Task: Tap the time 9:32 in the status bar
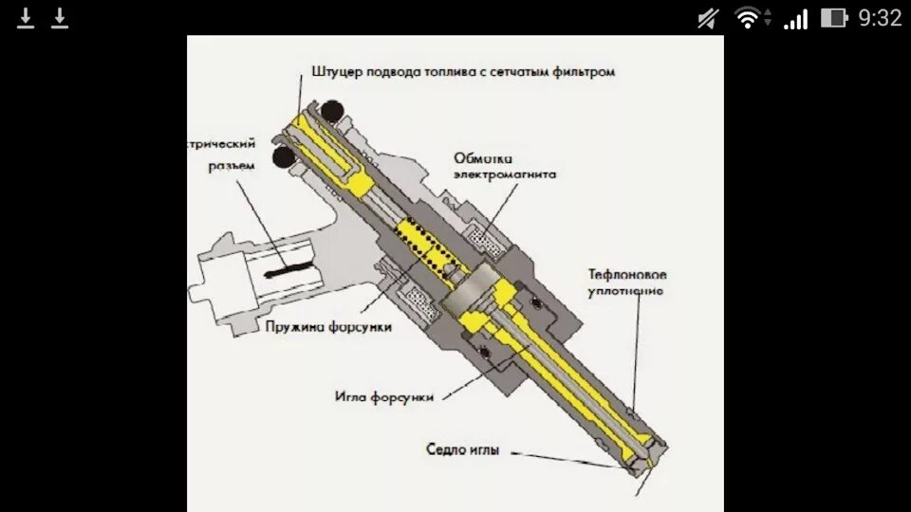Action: pos(880,17)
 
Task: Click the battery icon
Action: pos(833,17)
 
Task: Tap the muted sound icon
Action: pos(707,17)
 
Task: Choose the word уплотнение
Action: pos(623,290)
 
